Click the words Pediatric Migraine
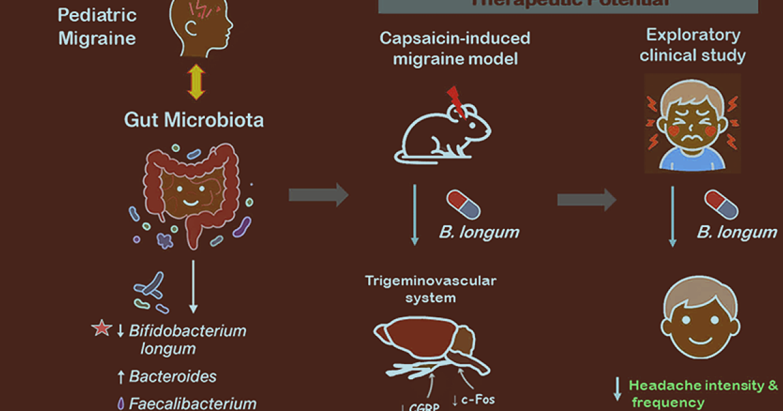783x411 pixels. (97, 26)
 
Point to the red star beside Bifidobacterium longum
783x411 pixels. (101, 329)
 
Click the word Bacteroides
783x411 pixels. (173, 376)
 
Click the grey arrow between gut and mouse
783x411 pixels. (318, 194)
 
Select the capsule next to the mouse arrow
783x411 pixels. (463, 205)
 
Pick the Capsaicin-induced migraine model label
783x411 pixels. (455, 48)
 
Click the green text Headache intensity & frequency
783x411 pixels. (703, 393)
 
